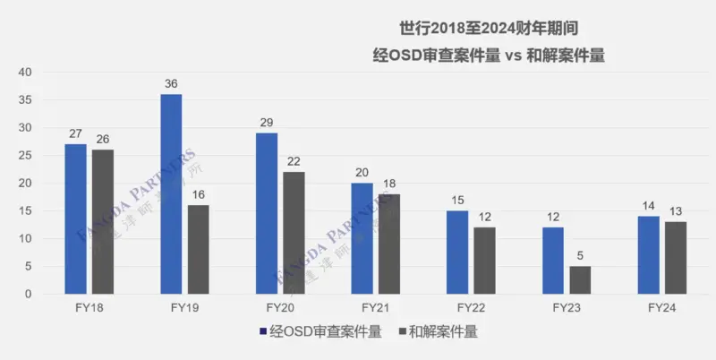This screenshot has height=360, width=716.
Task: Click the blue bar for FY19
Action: (x=171, y=194)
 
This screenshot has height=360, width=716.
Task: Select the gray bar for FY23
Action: (x=580, y=279)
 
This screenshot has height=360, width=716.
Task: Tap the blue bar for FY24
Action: (x=649, y=255)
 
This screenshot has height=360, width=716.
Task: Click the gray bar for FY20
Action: (x=294, y=233)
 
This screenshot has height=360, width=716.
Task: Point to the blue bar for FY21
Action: (x=362, y=238)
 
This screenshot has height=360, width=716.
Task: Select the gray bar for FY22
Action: (x=484, y=261)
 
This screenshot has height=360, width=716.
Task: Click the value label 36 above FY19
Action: (x=171, y=84)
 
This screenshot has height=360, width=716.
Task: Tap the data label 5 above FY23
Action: (x=580, y=256)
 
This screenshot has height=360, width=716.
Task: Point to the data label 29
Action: (x=267, y=123)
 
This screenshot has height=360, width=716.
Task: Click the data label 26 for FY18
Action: (x=103, y=140)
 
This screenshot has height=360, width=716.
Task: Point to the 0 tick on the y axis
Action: (x=28, y=294)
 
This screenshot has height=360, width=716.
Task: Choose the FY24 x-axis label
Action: (x=662, y=307)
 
